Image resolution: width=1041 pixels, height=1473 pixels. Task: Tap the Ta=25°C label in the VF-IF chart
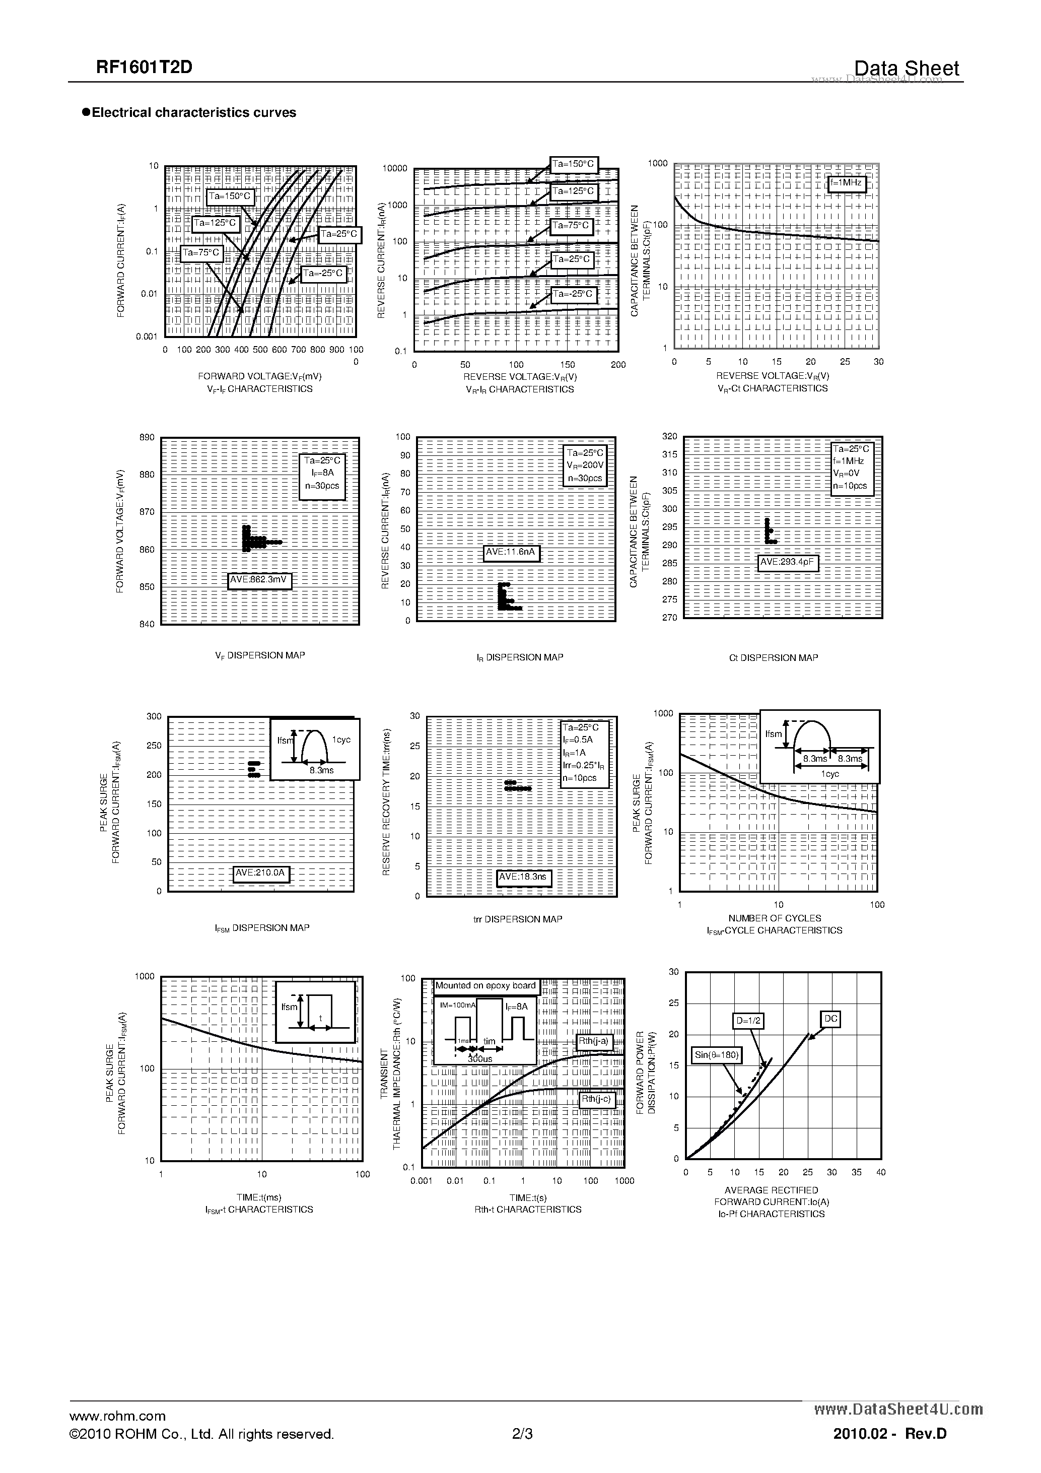[340, 235]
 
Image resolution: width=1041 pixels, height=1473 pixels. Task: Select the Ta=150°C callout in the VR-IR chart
[574, 164]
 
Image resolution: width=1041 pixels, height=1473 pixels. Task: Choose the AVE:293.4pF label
[787, 563]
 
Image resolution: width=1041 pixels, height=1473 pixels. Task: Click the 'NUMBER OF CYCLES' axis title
[775, 918]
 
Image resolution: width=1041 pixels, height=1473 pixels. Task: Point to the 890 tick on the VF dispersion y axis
[147, 438]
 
